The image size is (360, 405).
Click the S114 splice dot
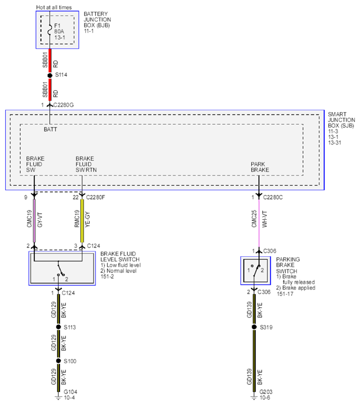[50, 75]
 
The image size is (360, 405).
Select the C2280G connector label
[63, 105]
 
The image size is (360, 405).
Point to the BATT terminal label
[50, 129]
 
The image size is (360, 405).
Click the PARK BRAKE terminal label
[260, 167]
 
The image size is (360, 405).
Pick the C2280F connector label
[96, 198]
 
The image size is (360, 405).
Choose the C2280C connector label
[273, 198]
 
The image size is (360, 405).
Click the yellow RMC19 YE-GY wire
[82, 221]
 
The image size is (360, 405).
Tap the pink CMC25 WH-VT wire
[259, 223]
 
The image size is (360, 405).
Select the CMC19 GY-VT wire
[34, 221]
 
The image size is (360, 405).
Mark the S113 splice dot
[59, 327]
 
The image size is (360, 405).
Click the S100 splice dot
[59, 361]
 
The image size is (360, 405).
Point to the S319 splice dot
[254, 327]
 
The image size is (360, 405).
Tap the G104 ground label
[71, 392]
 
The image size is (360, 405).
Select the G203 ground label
[266, 392]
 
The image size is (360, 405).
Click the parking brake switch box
[256, 271]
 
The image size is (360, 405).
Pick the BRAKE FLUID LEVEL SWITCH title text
[120, 256]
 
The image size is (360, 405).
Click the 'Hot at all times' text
[54, 7]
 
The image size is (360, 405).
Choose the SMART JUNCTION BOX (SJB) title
[341, 120]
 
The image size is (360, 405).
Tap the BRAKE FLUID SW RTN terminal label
[86, 164]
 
